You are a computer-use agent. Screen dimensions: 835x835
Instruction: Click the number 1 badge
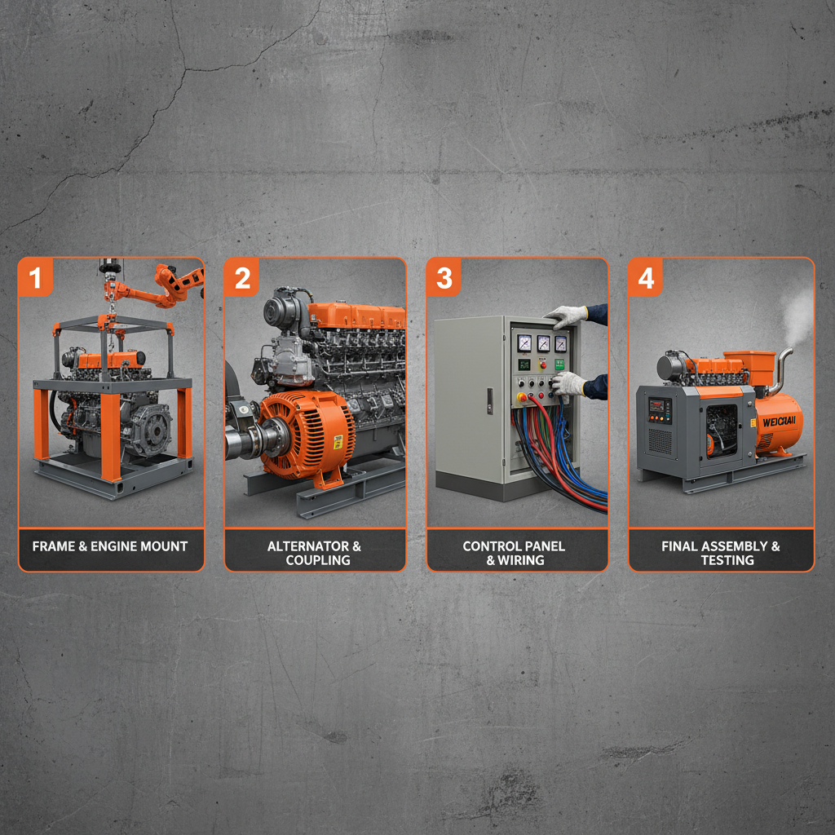click(35, 278)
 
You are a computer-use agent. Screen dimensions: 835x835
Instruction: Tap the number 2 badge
click(242, 278)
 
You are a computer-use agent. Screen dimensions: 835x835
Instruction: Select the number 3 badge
click(444, 278)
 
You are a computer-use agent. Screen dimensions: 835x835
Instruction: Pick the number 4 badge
click(646, 278)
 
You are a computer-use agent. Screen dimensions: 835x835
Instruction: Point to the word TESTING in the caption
click(727, 560)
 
